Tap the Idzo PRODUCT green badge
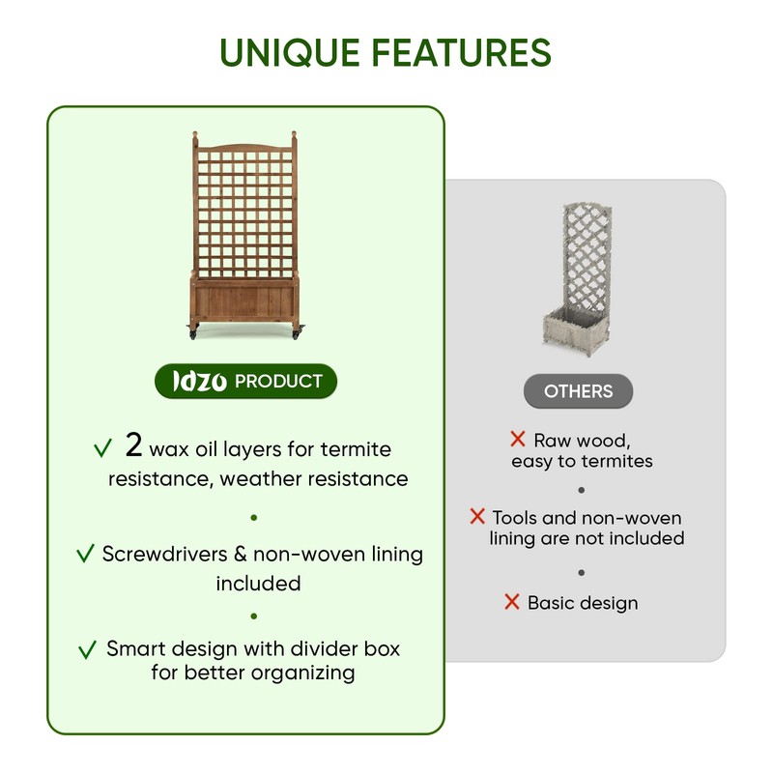coord(246,382)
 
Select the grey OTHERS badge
coord(578,391)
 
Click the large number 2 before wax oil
coord(134,445)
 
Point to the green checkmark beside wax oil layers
coord(102,449)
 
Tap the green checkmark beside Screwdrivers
coord(85,555)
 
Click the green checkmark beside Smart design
coord(88,650)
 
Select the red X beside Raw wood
coord(518,440)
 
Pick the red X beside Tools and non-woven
coord(477,517)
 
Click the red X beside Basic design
coord(512,602)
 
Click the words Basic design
coord(583,603)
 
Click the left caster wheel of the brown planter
coord(192,333)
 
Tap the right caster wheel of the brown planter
coord(297,333)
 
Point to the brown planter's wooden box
coord(244,298)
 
